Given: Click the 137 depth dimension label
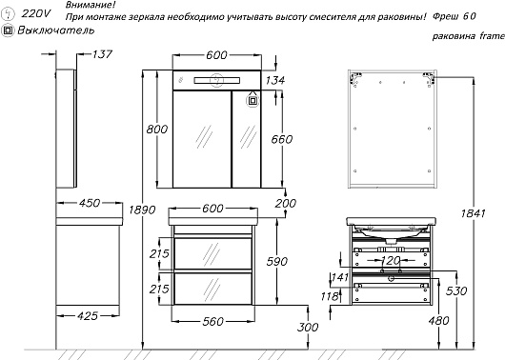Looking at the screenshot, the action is coord(102,54).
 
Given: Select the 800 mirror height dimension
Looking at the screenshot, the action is coord(157,130).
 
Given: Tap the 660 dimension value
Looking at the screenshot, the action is coord(282,139).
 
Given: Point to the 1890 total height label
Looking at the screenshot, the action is coord(142,210).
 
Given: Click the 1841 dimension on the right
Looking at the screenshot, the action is coord(473,213).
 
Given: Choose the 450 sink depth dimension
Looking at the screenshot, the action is coord(90,203).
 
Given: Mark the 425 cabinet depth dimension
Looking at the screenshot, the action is coord(88,316).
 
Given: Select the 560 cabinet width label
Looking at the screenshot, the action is coord(212,321).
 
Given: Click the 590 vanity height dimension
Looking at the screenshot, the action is coord(277,262).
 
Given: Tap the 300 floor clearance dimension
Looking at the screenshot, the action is coord(308,328).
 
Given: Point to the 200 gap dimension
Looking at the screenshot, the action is coord(286,204).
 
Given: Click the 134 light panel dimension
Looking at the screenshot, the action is coord(275,80).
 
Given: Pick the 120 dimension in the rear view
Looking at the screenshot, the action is coord(391,260).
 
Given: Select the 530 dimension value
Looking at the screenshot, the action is coord(456,291).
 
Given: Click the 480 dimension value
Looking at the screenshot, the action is coord(438,321).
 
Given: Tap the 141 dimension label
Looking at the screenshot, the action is coord(340,277).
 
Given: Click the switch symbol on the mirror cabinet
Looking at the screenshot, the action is coord(252,101).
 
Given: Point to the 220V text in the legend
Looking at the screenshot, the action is coord(36,13).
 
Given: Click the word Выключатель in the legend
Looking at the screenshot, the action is coord(56,30).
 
